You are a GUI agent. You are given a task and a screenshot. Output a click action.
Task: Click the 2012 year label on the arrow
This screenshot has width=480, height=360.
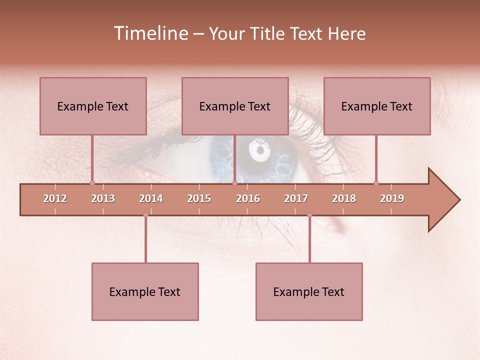click(x=55, y=198)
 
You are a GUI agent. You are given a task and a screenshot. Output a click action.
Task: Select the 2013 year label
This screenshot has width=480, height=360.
click(x=103, y=198)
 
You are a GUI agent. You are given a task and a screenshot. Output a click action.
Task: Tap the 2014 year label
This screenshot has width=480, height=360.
click(x=151, y=198)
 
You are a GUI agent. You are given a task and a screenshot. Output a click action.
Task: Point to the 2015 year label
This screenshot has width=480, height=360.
click(x=199, y=198)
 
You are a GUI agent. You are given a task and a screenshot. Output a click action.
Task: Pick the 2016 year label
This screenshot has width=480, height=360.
click(x=248, y=198)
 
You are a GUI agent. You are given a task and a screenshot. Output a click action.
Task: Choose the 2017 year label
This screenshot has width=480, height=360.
click(x=296, y=198)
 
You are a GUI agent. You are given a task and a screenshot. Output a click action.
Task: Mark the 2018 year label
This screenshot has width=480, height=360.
click(x=344, y=198)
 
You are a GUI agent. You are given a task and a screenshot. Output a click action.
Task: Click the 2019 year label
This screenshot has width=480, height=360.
click(x=392, y=198)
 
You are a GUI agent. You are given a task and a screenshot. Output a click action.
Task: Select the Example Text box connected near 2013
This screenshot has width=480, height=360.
click(x=93, y=106)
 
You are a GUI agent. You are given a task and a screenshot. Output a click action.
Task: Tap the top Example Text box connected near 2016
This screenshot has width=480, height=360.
click(x=235, y=106)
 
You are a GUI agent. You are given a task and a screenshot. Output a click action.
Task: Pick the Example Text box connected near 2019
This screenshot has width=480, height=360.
click(x=377, y=106)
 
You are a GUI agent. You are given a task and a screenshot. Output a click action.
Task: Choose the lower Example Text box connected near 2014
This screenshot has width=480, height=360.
click(x=145, y=291)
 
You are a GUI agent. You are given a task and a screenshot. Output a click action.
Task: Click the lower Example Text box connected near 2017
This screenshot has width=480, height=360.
click(x=309, y=291)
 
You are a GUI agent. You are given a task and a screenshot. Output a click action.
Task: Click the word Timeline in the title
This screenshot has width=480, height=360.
click(x=149, y=33)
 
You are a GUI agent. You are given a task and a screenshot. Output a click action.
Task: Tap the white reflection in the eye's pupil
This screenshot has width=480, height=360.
click(x=260, y=150)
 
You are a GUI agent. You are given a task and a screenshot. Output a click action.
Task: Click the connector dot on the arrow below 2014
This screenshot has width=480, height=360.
click(x=145, y=215)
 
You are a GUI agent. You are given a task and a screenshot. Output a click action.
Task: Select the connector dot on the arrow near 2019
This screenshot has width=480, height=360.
click(x=376, y=183)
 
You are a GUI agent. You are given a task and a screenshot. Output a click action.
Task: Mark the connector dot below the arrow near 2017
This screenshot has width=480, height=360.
click(x=309, y=215)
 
